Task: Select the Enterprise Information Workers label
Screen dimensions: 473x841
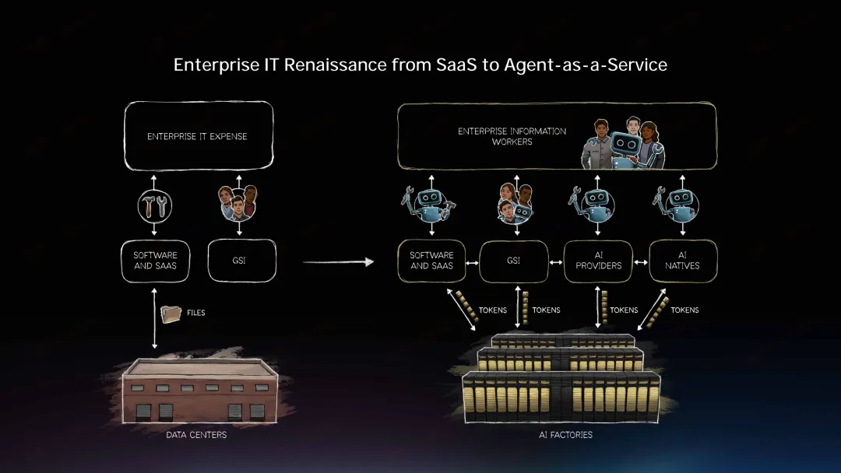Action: click(512, 136)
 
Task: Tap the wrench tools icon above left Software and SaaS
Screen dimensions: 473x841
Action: click(154, 205)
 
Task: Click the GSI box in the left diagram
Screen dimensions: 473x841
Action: click(242, 261)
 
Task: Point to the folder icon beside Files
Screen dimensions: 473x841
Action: click(171, 314)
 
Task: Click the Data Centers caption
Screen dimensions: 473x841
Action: click(196, 434)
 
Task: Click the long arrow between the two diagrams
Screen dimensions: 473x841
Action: click(338, 262)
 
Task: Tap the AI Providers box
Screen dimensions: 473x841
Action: click(598, 261)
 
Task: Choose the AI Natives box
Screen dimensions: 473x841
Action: click(682, 261)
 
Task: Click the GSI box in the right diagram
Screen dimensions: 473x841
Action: click(514, 261)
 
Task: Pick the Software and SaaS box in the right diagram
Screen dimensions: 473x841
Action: click(431, 261)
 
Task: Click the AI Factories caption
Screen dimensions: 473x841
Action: click(565, 434)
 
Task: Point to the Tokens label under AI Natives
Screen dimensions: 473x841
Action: click(684, 310)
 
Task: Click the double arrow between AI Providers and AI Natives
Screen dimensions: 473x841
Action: click(640, 261)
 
